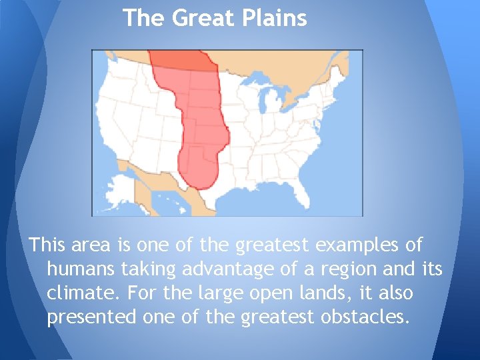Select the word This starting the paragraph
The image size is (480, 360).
coord(47,245)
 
